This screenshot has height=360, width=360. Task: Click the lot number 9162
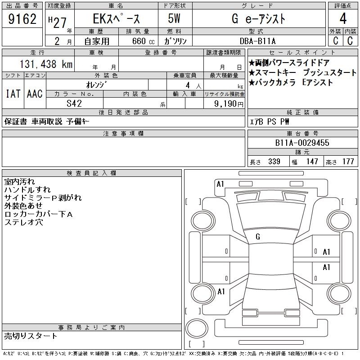pyautogui.click(x=22, y=19)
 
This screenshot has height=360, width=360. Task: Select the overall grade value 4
pyautogui.click(x=343, y=18)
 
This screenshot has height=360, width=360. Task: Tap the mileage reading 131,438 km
pyautogui.click(x=46, y=64)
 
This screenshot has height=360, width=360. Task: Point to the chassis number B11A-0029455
pyautogui.click(x=302, y=143)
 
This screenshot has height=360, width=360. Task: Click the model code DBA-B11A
pyautogui.click(x=257, y=41)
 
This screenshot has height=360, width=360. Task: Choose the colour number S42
pyautogui.click(x=74, y=103)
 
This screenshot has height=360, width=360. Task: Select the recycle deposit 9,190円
pyautogui.click(x=229, y=104)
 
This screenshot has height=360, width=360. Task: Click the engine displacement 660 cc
pyautogui.click(x=144, y=41)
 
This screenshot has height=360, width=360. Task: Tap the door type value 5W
pyautogui.click(x=174, y=18)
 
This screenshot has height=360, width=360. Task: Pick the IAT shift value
pyautogui.click(x=13, y=94)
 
